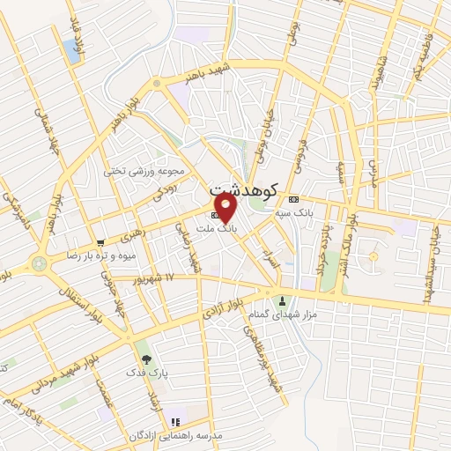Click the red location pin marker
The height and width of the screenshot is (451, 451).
(x=226, y=208)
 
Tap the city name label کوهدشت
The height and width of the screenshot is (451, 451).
(x=244, y=189)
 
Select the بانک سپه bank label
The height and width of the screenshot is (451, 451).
(x=318, y=211)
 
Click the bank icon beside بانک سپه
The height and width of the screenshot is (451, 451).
(x=293, y=198)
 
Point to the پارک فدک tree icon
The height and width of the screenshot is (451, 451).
(x=145, y=359)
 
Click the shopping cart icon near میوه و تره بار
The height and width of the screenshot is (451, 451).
(x=102, y=242)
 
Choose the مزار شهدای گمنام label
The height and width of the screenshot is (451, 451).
(x=315, y=314)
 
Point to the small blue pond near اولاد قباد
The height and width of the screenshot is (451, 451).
(x=70, y=51)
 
